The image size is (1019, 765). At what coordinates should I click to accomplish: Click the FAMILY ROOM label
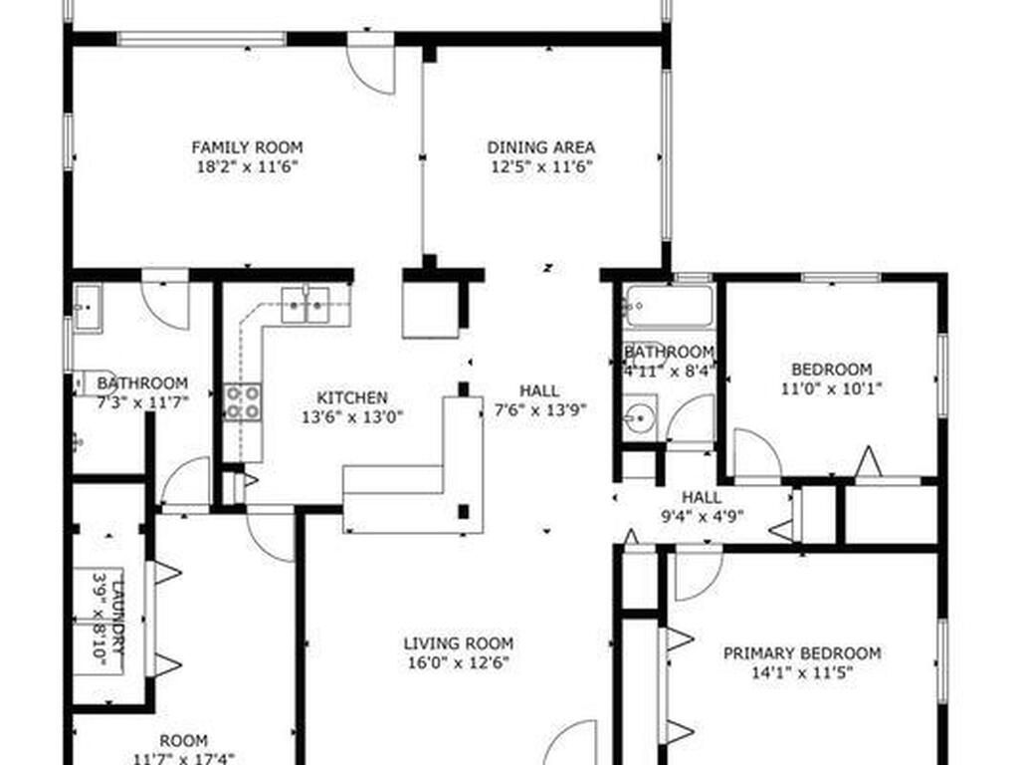[247, 147]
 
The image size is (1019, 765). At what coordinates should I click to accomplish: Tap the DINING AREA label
[541, 147]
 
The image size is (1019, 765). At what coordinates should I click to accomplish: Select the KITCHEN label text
[352, 397]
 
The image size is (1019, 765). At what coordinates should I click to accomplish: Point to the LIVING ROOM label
[459, 643]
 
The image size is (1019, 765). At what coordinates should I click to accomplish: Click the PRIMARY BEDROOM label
[803, 653]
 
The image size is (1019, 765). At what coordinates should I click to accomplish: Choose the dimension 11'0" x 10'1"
[831, 389]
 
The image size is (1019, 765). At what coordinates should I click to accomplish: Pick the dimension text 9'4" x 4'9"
[702, 517]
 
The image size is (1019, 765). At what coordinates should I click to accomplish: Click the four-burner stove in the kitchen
[244, 402]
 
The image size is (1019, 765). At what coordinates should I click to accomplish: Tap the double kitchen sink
[306, 305]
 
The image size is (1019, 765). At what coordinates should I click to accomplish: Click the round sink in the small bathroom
[641, 417]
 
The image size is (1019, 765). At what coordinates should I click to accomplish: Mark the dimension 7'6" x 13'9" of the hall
[540, 409]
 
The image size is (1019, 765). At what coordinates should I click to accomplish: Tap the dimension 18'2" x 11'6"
[247, 167]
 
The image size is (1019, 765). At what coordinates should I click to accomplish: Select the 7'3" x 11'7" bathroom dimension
[142, 402]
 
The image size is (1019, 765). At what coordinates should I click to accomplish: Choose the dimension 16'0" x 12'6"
[459, 662]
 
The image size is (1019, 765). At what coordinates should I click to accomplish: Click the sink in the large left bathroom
[87, 309]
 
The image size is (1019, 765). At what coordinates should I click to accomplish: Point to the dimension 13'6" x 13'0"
[353, 417]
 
